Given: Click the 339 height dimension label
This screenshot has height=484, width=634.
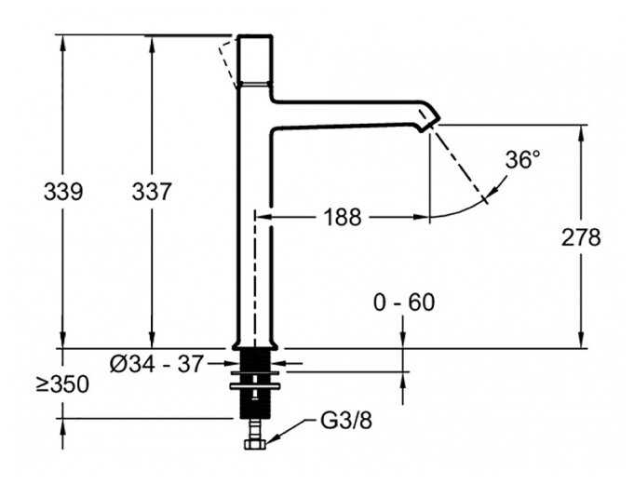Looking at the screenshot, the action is pyautogui.click(x=63, y=192).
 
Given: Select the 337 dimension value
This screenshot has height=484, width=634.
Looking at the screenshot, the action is pyautogui.click(x=152, y=192).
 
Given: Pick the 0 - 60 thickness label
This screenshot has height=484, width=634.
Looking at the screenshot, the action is pyautogui.click(x=404, y=302).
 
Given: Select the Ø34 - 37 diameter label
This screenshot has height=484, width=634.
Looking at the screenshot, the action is pyautogui.click(x=155, y=364).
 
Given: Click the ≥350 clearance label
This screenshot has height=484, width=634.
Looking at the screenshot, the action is pyautogui.click(x=62, y=384).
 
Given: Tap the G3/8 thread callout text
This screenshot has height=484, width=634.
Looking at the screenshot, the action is pyautogui.click(x=346, y=421).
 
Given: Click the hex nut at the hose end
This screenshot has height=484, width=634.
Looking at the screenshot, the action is pyautogui.click(x=255, y=444).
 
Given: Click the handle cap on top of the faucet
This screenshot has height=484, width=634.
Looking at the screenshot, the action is pyautogui.click(x=255, y=60).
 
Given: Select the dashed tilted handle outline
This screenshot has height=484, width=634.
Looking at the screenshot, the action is pyautogui.click(x=228, y=62).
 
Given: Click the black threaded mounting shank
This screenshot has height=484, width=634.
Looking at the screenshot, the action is pyautogui.click(x=255, y=383).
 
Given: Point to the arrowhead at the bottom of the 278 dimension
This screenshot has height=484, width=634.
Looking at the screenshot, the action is pyautogui.click(x=582, y=341).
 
